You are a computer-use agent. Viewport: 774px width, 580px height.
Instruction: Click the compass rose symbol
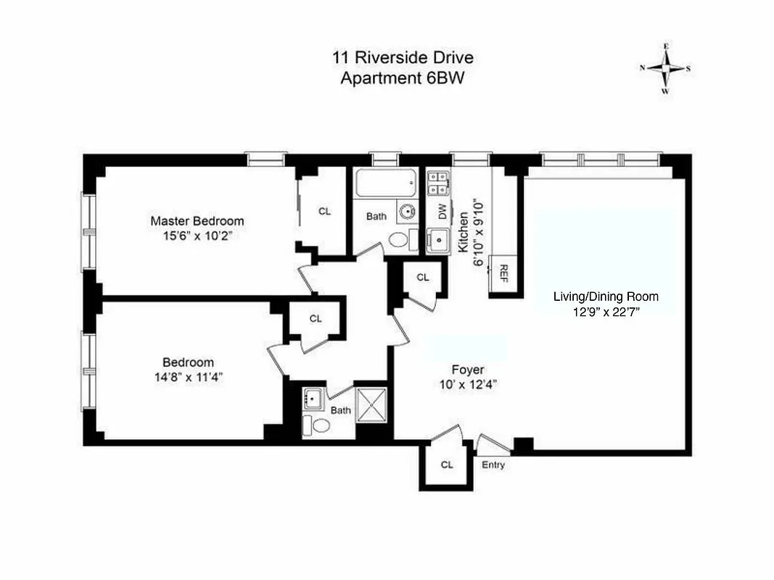(664, 69)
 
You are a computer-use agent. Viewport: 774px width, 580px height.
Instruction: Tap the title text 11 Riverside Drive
(403, 58)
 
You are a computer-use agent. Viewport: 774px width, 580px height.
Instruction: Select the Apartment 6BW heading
(403, 78)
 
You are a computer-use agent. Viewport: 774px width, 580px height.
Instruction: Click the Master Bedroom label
(197, 220)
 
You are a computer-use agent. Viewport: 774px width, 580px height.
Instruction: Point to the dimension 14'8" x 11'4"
(188, 376)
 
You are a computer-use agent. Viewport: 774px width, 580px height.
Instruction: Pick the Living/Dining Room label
(606, 297)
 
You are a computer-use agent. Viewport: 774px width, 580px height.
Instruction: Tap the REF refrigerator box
(503, 273)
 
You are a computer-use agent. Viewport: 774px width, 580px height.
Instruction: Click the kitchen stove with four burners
(438, 183)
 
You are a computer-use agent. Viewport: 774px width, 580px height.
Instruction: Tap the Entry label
(493, 465)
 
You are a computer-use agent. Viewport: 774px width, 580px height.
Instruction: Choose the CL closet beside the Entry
(447, 465)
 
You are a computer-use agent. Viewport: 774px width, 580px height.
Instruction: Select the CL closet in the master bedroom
(325, 212)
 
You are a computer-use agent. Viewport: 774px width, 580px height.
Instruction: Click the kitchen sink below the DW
(439, 240)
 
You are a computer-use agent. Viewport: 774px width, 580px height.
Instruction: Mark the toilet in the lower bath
(313, 424)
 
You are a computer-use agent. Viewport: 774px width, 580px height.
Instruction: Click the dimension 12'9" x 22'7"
(606, 312)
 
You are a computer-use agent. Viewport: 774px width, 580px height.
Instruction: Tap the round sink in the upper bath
(406, 212)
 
